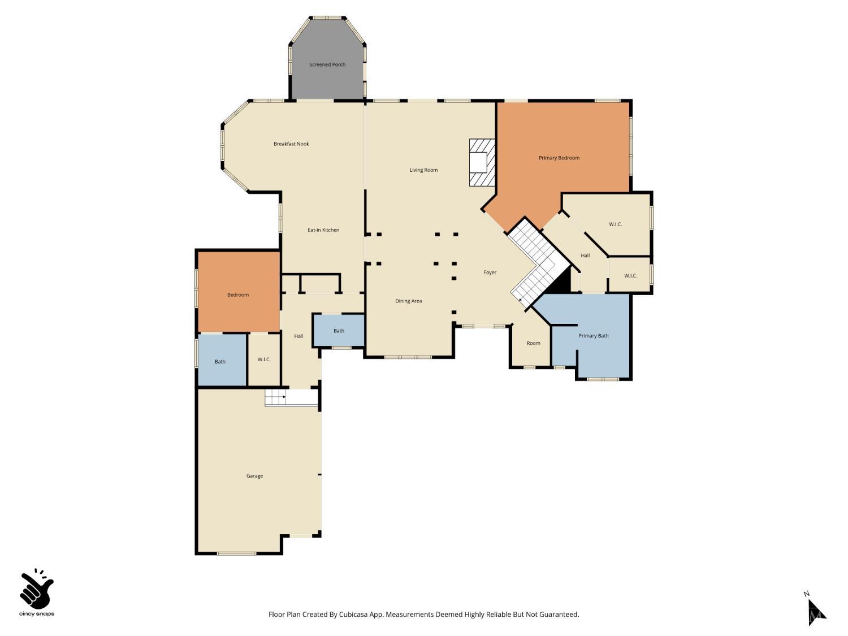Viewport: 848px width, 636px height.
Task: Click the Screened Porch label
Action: [x=327, y=64]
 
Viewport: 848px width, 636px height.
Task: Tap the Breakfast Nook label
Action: [x=291, y=144]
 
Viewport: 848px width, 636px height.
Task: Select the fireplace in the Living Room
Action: [x=482, y=163]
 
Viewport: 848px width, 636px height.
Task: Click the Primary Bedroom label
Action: [x=559, y=158]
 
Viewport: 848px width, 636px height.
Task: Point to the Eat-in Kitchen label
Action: [x=323, y=230]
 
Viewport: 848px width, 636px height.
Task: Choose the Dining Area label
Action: [x=408, y=301]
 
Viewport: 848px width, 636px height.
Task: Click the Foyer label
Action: [x=490, y=272]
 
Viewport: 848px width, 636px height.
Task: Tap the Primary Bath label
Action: [x=593, y=336]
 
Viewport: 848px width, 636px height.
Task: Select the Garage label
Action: [x=254, y=476]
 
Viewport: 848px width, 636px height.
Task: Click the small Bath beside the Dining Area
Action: [x=339, y=331]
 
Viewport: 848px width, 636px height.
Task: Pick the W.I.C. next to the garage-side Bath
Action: [x=264, y=360]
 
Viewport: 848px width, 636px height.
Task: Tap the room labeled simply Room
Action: [x=533, y=343]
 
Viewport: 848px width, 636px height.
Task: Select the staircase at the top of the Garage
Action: [x=275, y=398]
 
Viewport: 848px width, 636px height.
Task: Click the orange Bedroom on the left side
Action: [x=238, y=295]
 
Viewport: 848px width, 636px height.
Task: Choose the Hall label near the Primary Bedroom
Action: [x=585, y=256]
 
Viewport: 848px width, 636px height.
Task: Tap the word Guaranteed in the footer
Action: [x=559, y=615]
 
